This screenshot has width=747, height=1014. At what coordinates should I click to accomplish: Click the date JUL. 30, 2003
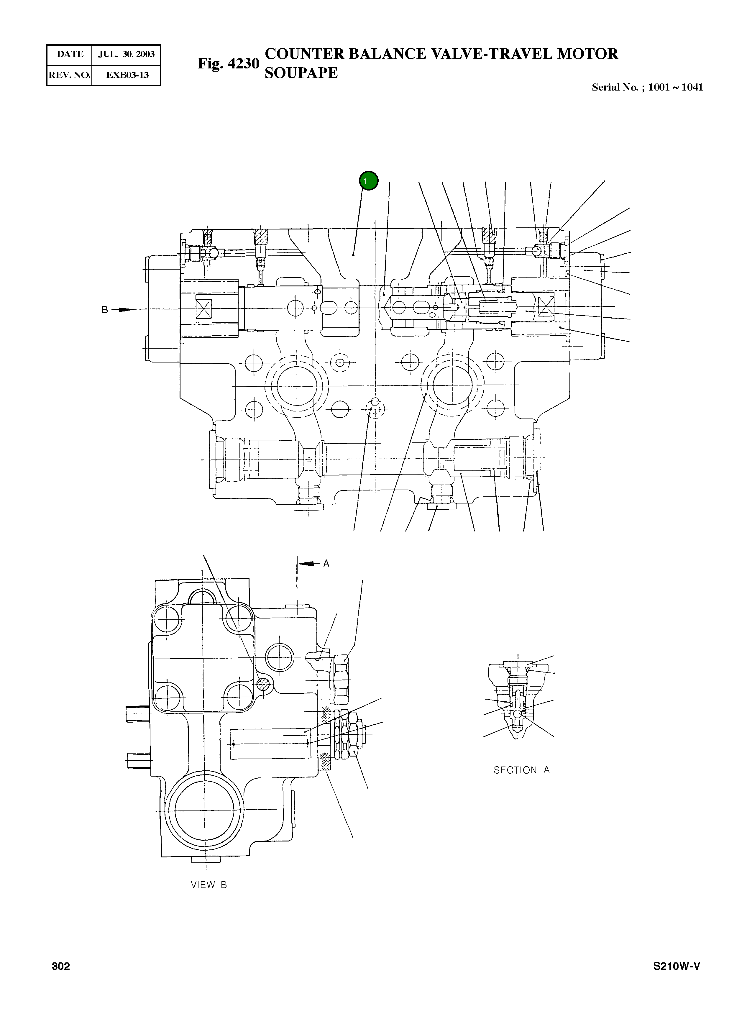click(x=126, y=54)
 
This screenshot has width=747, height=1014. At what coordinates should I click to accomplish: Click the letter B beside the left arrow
click(x=104, y=310)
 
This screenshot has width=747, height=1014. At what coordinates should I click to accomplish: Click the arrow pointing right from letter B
click(x=124, y=310)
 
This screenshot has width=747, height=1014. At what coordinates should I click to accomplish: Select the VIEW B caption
click(x=208, y=885)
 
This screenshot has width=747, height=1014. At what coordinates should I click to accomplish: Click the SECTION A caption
click(x=521, y=770)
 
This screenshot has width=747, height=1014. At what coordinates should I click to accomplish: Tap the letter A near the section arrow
click(x=326, y=564)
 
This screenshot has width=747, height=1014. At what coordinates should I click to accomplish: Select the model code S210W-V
click(x=677, y=967)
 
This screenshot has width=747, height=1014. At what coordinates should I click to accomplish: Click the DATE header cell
click(x=70, y=54)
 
